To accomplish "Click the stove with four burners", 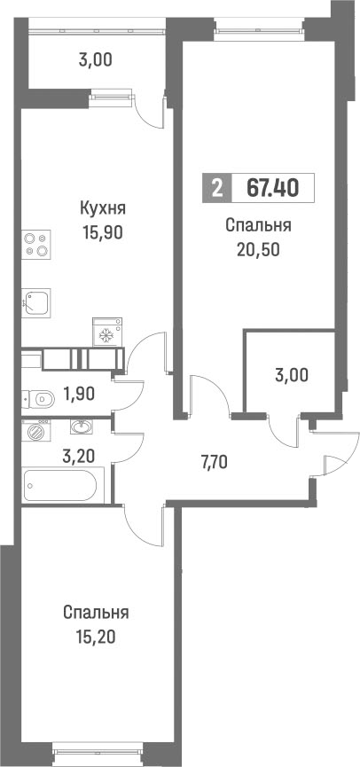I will coord(36,244).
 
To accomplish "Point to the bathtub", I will coord(63,485).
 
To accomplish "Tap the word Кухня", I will coord(102,208).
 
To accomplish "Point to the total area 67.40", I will coord(272,188).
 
